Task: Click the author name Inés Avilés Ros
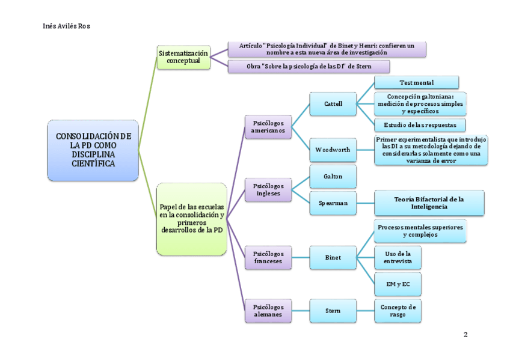[67, 26]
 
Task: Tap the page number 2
[465, 334]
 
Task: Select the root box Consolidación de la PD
[93, 150]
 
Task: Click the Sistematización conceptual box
[183, 57]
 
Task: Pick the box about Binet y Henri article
[327, 49]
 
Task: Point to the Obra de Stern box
[309, 66]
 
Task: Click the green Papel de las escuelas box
[192, 219]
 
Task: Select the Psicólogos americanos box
[268, 126]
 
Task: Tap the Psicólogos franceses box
[268, 257]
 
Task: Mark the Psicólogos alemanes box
[268, 311]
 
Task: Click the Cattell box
[333, 103]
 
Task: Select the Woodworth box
[333, 149]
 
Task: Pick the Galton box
[333, 177]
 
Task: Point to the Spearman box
[333, 203]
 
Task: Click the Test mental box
[416, 82]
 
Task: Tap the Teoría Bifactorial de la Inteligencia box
[429, 203]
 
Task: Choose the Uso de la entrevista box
[398, 257]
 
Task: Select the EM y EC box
[398, 283]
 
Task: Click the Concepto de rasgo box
[398, 311]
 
